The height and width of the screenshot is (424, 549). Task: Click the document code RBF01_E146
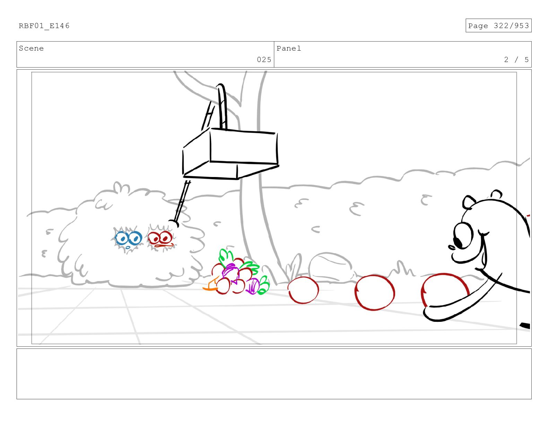(44, 26)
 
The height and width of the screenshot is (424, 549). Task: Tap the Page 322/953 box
(498, 26)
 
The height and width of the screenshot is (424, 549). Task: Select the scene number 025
(264, 60)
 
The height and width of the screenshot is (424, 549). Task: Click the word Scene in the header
(31, 48)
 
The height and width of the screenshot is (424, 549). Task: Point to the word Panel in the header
(288, 48)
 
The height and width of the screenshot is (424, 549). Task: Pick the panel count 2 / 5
(516, 60)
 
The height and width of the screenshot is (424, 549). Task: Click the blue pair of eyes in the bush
(128, 239)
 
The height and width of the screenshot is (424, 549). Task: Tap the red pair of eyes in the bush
(160, 239)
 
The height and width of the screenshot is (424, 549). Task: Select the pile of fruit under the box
(236, 273)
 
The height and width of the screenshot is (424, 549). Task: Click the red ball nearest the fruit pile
(303, 290)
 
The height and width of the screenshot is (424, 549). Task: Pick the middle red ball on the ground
(374, 292)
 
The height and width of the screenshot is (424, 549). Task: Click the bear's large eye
(463, 236)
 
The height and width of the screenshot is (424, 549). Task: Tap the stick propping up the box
(182, 203)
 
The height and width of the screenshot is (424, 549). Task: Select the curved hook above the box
(222, 106)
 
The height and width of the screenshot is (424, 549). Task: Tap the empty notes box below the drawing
(274, 374)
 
